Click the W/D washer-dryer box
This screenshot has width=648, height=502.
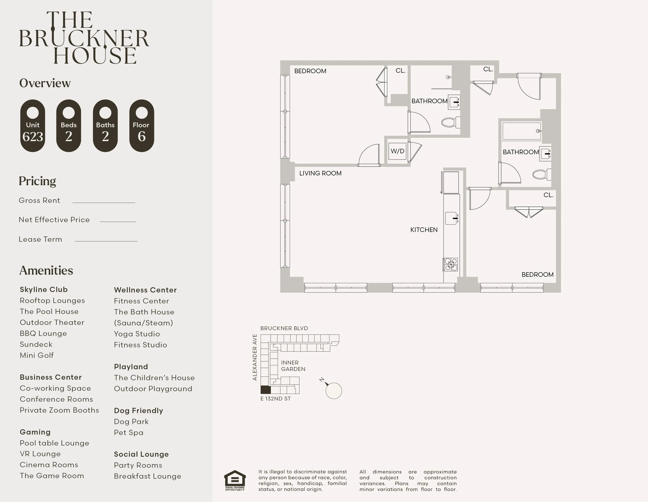pyautogui.click(x=397, y=151)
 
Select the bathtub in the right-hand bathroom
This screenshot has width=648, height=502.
pyautogui.click(x=521, y=131)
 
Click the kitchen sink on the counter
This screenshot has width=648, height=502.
pyautogui.click(x=451, y=218)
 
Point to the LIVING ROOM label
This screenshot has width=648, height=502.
pyautogui.click(x=320, y=173)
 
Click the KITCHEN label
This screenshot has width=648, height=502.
pyautogui.click(x=424, y=230)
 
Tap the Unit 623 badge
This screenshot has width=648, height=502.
pyautogui.click(x=33, y=126)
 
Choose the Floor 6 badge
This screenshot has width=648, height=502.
pyautogui.click(x=142, y=126)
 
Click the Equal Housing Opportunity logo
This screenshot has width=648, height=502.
pyautogui.click(x=235, y=480)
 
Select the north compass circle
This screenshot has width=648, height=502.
pyautogui.click(x=334, y=391)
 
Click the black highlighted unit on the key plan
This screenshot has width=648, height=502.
pyautogui.click(x=266, y=390)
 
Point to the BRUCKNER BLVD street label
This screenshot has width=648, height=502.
pyautogui.click(x=284, y=328)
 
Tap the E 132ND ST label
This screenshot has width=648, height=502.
pyautogui.click(x=275, y=399)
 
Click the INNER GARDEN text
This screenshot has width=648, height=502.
pyautogui.click(x=293, y=366)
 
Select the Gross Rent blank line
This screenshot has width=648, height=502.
pyautogui.click(x=104, y=202)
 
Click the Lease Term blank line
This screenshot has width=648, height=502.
pyautogui.click(x=106, y=241)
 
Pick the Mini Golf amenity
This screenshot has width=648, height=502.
pyautogui.click(x=37, y=355)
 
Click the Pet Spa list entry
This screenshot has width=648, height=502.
pyautogui.click(x=128, y=433)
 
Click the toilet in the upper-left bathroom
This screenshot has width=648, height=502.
pyautogui.click(x=450, y=122)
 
